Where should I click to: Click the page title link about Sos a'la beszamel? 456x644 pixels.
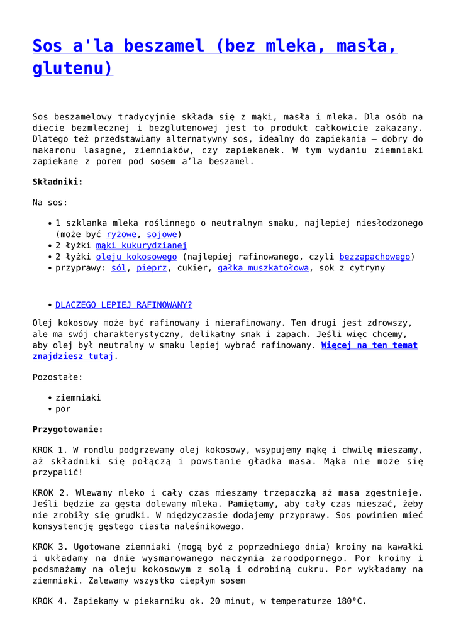pos(214,46)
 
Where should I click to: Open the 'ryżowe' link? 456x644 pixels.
pos(121,234)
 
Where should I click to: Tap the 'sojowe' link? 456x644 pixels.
pos(161,234)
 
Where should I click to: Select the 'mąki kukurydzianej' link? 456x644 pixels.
pos(141,245)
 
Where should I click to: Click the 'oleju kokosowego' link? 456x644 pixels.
pos(136,257)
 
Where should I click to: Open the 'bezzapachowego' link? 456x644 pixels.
pos(374,257)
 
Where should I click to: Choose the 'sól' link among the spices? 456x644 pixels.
pos(118,268)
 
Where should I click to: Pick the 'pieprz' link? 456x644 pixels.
pos(151,268)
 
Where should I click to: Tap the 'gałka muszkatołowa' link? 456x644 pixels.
pos(263,268)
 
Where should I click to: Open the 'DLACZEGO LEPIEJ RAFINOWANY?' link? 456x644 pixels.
pos(123,305)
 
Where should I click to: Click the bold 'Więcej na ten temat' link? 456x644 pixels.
pos(369,345)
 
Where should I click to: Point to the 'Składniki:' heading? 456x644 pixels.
pos(57,182)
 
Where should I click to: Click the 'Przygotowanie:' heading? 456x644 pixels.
pos(67,430)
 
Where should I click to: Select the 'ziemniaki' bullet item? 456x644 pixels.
pos(78,397)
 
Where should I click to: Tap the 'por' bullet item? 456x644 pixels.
pos(63,409)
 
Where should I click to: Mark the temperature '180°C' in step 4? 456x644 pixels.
pos(350,601)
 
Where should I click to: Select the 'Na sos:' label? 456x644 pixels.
pos(50,203)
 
